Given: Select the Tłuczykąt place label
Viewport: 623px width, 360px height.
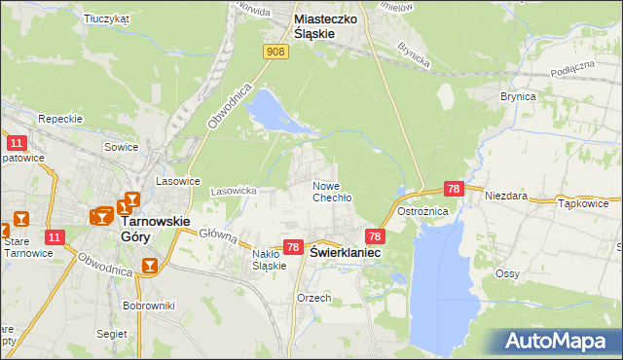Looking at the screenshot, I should coord(107,18).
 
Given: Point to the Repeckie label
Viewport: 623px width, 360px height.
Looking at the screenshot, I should coord(57,118).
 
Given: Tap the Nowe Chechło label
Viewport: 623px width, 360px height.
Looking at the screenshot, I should coord(331,191).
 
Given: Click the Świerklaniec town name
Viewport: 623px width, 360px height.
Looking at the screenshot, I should coord(346,251).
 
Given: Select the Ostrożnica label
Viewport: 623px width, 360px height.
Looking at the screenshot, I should coord(421,211).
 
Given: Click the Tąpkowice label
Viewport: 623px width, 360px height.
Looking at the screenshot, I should coord(584,204).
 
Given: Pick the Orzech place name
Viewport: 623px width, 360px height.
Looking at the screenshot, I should coord(314,298).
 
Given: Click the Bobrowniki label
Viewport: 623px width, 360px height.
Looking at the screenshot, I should coord(148,306).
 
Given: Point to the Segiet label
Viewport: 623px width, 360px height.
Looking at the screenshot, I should coord(112,333).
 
